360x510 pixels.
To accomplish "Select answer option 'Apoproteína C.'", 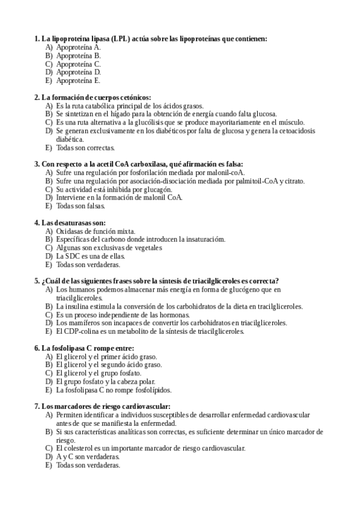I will [x=78, y=63].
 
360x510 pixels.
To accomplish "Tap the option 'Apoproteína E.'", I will [x=78, y=80].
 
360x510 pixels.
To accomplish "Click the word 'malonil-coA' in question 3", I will [x=234, y=172].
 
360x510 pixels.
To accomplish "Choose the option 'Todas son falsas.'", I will [x=81, y=206].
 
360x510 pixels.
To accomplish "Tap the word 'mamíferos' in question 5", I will [x=82, y=322].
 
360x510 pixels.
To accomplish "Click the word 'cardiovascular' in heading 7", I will [x=145, y=406].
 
